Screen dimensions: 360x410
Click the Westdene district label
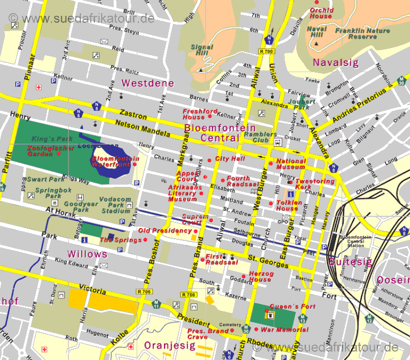(148, 84)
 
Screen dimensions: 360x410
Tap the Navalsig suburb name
(335, 63)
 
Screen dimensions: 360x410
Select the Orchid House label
(321, 13)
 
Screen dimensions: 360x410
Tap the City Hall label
(230, 159)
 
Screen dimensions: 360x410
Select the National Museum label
(291, 164)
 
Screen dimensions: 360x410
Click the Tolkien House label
(287, 205)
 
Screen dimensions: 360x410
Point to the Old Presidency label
(165, 231)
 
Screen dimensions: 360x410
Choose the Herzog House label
(260, 276)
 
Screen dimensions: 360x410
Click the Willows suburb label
(87, 254)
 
